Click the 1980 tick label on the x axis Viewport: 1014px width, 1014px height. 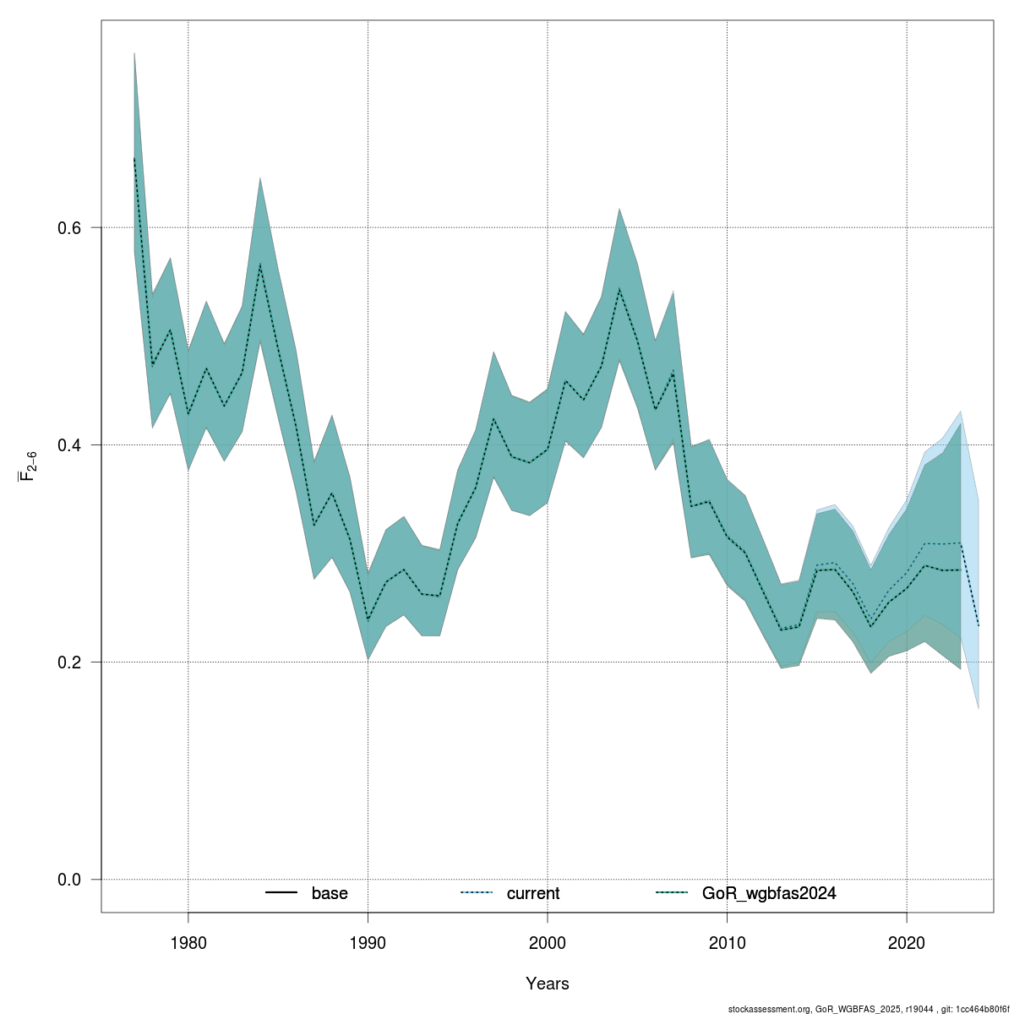click(188, 942)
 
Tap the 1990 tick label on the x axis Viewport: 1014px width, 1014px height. click(368, 942)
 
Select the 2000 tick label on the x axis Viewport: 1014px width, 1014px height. click(548, 942)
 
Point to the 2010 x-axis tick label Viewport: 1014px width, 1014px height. click(727, 942)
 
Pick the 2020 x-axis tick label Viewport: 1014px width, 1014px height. click(907, 942)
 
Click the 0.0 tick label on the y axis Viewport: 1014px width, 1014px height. click(68, 880)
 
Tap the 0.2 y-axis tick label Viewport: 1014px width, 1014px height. click(68, 662)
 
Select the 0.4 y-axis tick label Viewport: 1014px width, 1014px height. click(68, 445)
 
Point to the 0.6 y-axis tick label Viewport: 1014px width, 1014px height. click(68, 228)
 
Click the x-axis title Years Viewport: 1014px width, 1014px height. click(548, 984)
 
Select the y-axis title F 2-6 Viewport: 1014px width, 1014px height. click(27, 466)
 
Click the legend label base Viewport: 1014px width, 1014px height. click(330, 893)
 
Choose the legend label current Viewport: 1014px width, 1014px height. click(533, 893)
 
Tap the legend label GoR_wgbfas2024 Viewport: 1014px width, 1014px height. click(769, 893)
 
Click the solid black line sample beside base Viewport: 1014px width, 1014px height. click(281, 893)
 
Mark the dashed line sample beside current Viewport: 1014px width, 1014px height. click(477, 893)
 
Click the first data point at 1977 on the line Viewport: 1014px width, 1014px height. click(134, 158)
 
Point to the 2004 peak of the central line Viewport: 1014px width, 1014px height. click(619, 289)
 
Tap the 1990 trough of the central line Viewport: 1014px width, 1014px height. click(368, 620)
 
